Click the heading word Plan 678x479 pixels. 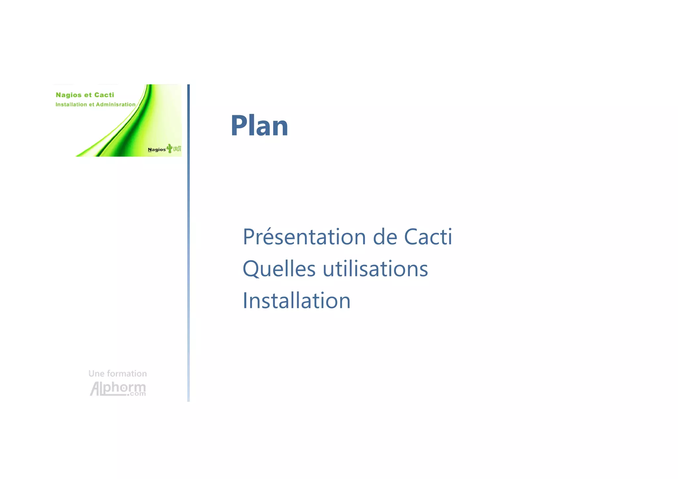[x=259, y=126]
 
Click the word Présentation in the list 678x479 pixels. [x=304, y=237]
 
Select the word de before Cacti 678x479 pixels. [x=385, y=237]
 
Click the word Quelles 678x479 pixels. [x=279, y=269]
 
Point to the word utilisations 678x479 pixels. [x=375, y=269]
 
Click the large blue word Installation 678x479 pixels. [x=296, y=301]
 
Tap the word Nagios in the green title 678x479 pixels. [x=69, y=95]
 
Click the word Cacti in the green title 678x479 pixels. [x=104, y=95]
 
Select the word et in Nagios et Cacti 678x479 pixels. [x=88, y=95]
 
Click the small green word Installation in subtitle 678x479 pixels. [x=71, y=105]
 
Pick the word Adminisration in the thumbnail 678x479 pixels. [x=116, y=105]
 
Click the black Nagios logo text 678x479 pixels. [x=157, y=150]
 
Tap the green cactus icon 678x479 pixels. [x=169, y=148]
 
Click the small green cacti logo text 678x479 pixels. [x=177, y=149]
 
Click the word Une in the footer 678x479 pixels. [x=96, y=374]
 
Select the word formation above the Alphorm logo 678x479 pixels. [x=127, y=374]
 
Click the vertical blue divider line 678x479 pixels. [x=188, y=242]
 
